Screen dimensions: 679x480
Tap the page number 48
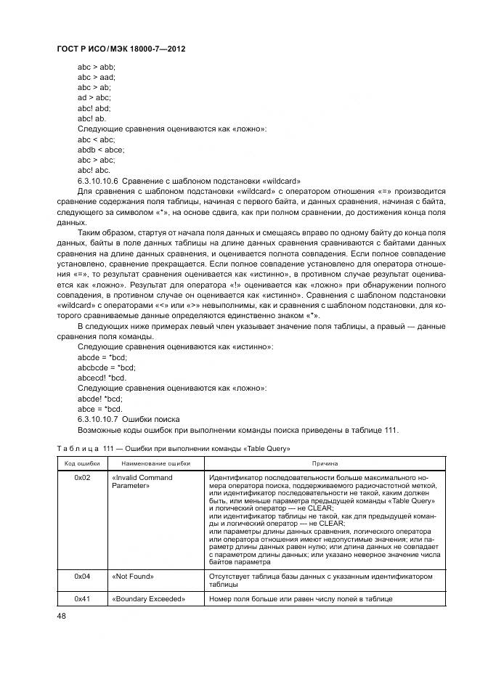pyautogui.click(x=62, y=616)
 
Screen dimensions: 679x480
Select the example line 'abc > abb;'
pyautogui.click(x=96, y=66)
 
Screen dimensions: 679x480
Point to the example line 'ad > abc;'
pyautogui.click(x=94, y=97)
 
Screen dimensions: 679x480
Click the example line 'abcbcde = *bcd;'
pyautogui.click(x=106, y=367)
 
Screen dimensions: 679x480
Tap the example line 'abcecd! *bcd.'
pyautogui.click(x=102, y=378)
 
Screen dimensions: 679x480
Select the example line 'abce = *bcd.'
pyautogui.click(x=99, y=409)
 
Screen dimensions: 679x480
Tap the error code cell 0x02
pyautogui.click(x=82, y=478)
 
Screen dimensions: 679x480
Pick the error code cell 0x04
pyautogui.click(x=82, y=576)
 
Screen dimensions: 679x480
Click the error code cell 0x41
pyautogui.click(x=82, y=599)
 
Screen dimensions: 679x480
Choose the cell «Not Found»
pyautogui.click(x=133, y=576)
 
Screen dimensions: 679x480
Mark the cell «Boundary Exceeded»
pyautogui.click(x=149, y=599)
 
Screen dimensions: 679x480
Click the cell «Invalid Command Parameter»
pyautogui.click(x=142, y=482)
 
